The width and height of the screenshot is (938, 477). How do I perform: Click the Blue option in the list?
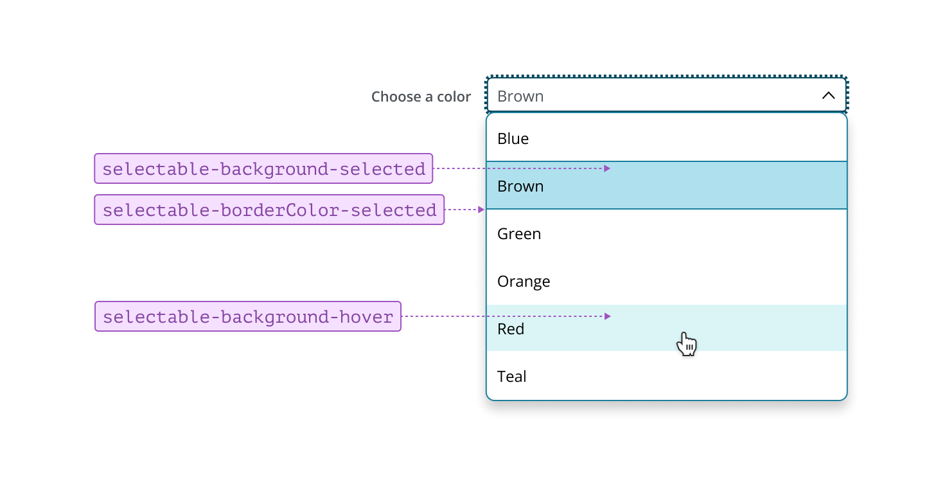click(513, 139)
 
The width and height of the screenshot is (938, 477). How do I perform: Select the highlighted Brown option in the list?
click(520, 186)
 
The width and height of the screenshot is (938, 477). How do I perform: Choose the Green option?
click(519, 234)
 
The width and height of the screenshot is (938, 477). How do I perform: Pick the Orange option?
click(524, 282)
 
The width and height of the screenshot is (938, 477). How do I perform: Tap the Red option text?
click(511, 329)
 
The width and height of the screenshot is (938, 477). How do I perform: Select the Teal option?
click(512, 377)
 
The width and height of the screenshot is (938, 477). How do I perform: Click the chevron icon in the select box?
click(829, 96)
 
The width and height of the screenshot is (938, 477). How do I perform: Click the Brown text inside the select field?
click(520, 96)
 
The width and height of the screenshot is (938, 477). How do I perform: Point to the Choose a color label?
click(421, 97)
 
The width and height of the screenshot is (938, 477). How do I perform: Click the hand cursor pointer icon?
click(686, 344)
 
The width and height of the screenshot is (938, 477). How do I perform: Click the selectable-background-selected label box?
click(263, 168)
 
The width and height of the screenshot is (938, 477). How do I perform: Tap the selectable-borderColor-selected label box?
click(269, 210)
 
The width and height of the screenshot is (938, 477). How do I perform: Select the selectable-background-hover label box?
click(248, 316)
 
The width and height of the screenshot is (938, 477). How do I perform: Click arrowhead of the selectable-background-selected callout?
click(607, 168)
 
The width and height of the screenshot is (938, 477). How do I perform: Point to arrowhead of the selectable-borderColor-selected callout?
click(481, 210)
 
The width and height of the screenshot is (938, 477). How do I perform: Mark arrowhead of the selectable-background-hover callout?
click(607, 316)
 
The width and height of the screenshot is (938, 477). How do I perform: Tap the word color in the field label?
click(454, 97)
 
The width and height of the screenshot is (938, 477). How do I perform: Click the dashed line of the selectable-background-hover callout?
click(501, 316)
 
